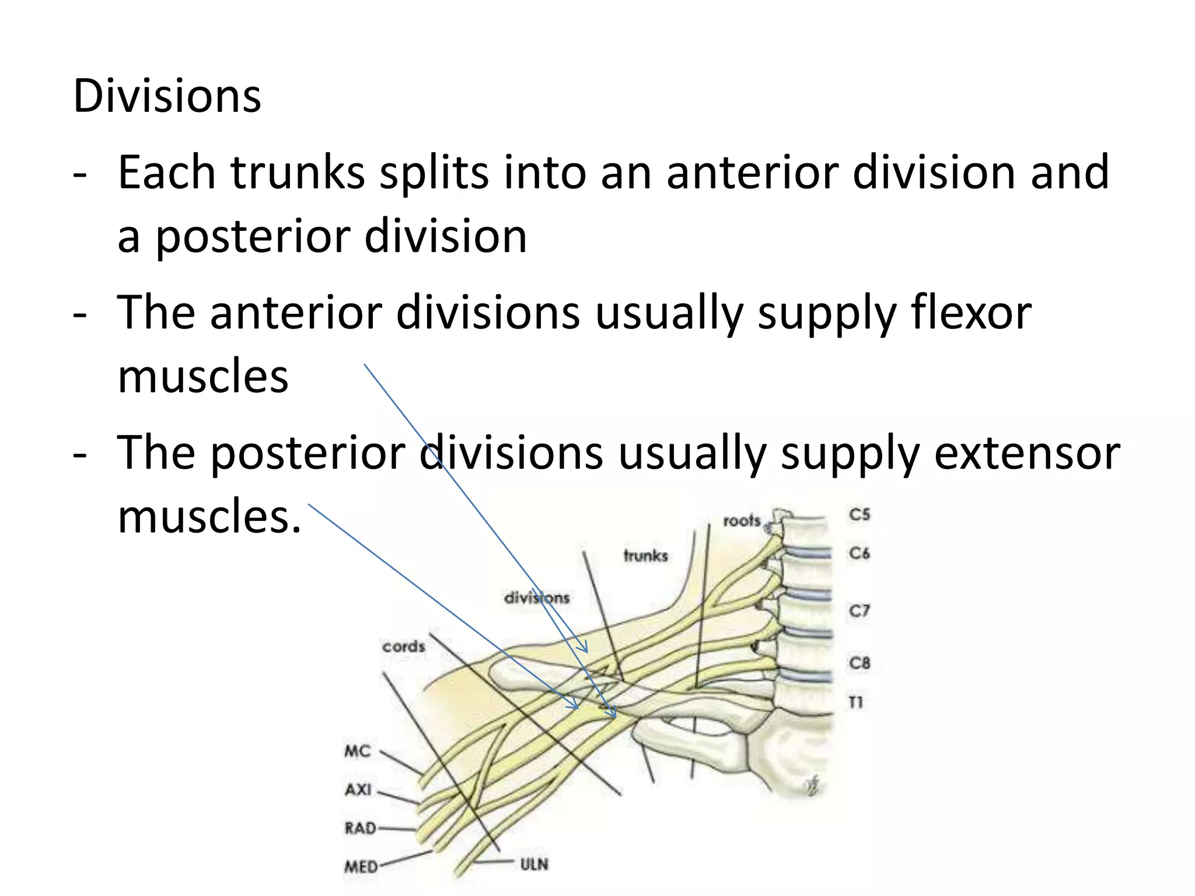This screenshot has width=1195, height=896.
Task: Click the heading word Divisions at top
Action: coord(167,96)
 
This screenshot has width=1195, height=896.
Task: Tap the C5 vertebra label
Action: coord(859,514)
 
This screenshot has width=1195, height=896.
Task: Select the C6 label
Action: coord(859,552)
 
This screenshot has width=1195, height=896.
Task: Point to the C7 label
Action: coord(859,611)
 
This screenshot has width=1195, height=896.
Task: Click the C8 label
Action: coord(859,663)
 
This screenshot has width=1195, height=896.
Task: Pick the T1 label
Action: coord(856,702)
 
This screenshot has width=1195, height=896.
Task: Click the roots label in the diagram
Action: coord(742,520)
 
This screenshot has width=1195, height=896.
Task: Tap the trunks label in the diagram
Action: coord(645,555)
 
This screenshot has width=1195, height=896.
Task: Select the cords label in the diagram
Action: coord(404,646)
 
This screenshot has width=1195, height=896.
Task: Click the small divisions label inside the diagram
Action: coord(536,598)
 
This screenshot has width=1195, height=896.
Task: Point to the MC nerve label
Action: coord(358,751)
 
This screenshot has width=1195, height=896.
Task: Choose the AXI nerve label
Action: coord(358,790)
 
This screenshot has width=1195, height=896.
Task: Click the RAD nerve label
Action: coord(360,828)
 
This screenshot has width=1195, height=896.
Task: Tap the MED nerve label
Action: coord(361,867)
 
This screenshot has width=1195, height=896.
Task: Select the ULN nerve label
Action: coord(534,864)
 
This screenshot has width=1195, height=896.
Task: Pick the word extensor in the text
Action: coord(1027,453)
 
